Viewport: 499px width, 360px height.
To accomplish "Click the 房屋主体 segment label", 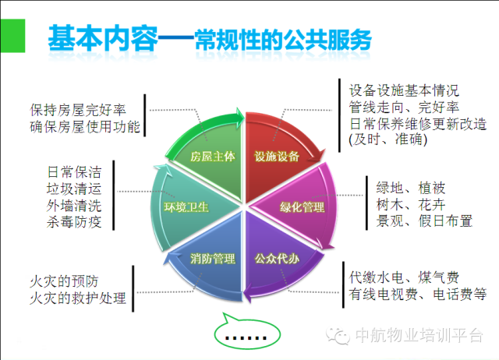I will [x=213, y=156].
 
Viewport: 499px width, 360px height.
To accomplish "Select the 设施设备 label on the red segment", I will [x=277, y=156].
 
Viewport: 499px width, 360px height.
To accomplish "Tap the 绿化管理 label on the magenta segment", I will [x=302, y=207].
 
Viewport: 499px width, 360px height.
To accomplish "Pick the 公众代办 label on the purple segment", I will [x=277, y=258].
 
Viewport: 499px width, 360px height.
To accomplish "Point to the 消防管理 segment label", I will [x=213, y=259].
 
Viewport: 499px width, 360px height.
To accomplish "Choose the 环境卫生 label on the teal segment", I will [x=186, y=207].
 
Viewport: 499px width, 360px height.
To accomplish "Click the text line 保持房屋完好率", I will [x=81, y=110].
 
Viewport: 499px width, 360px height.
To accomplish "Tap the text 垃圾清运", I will [x=74, y=189].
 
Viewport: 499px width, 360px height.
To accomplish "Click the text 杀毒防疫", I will [x=74, y=222].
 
